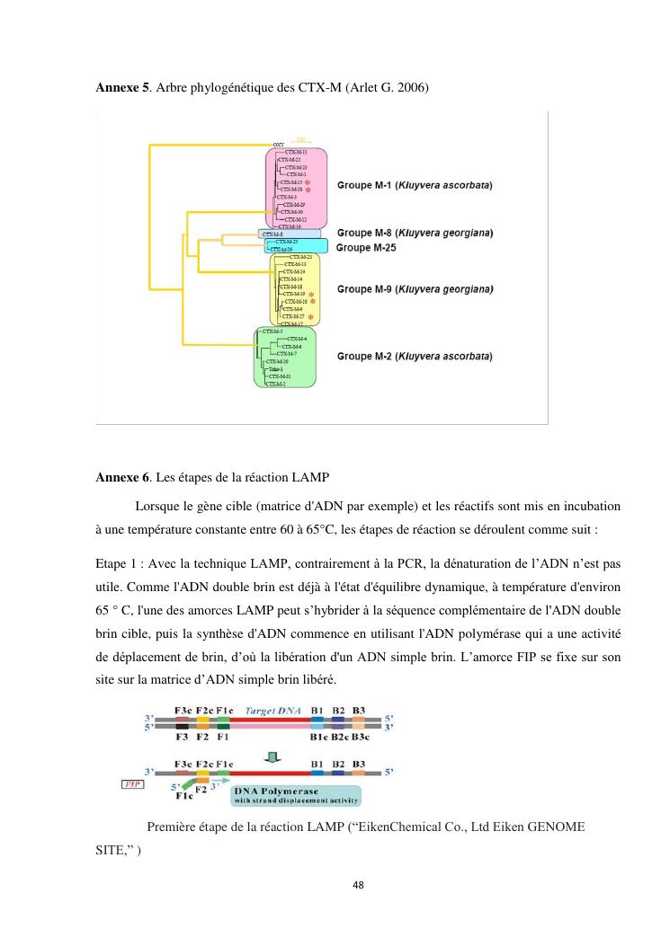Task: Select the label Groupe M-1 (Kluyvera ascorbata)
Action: click(x=415, y=185)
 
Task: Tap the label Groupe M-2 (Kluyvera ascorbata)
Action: click(x=415, y=356)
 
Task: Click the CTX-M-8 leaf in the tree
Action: click(x=272, y=234)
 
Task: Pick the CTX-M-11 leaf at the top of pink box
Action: click(x=296, y=153)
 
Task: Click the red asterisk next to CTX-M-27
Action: click(x=310, y=317)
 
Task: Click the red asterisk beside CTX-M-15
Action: click(x=308, y=182)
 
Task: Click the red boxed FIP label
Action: click(x=131, y=783)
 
